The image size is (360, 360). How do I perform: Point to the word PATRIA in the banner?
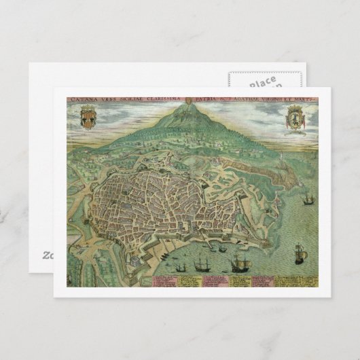coord(211,101)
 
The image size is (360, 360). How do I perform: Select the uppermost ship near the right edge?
coord(309,200)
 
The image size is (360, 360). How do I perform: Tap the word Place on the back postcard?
coord(262,82)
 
